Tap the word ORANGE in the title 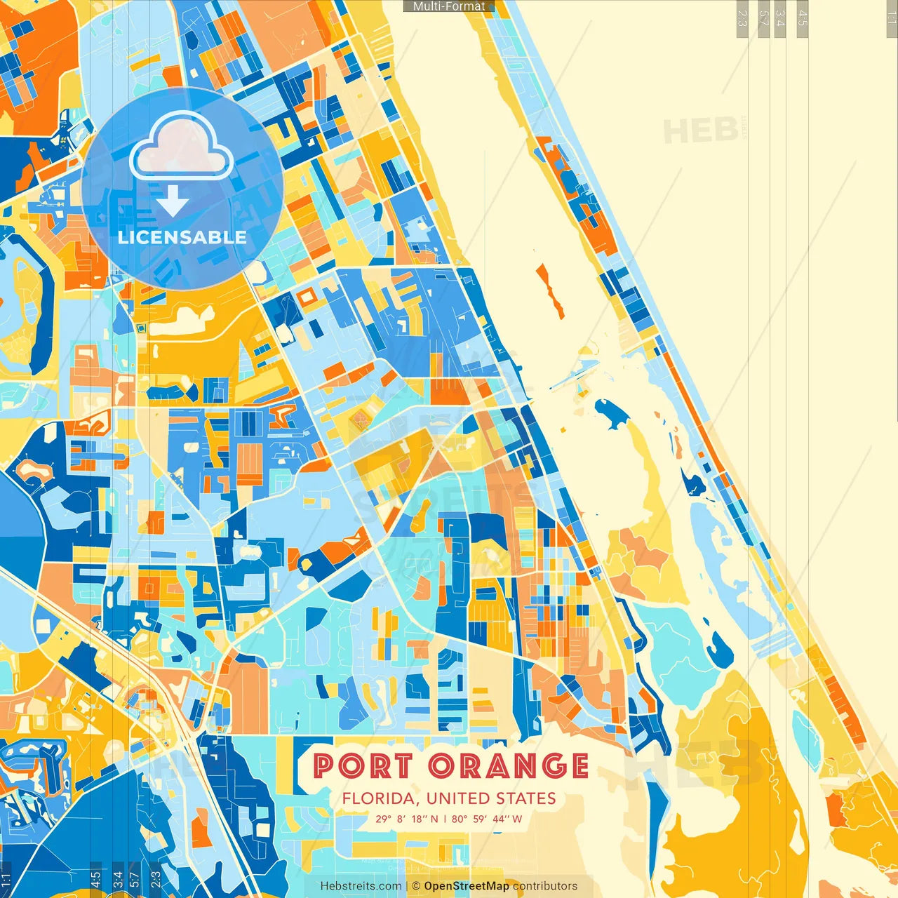(x=509, y=765)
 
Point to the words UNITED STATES (x=491, y=798)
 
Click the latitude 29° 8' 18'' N (x=406, y=819)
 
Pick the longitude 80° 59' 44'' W (x=487, y=819)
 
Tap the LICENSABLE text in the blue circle (x=182, y=237)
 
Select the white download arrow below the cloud (x=173, y=203)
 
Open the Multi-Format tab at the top (x=449, y=6)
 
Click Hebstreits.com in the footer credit (x=361, y=886)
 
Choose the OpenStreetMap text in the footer (x=467, y=886)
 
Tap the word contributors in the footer (x=545, y=886)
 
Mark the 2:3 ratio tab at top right (x=742, y=18)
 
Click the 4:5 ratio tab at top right (x=803, y=18)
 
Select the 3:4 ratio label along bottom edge (x=118, y=879)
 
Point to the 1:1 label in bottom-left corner (x=6, y=879)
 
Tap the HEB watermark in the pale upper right (x=700, y=131)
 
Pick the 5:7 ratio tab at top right (x=763, y=18)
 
